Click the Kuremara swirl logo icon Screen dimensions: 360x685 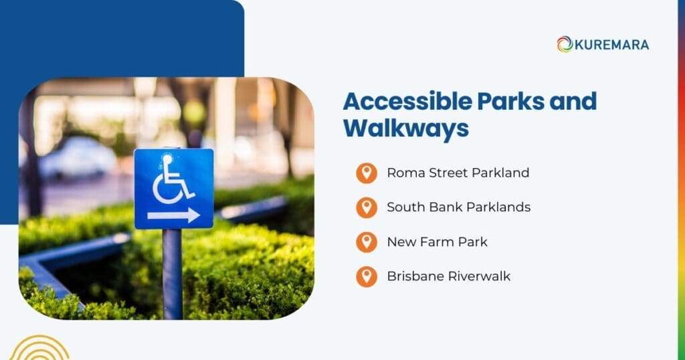[x=565, y=44]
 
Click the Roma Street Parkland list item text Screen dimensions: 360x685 [x=458, y=173]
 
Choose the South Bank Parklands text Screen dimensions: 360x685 [x=458, y=207]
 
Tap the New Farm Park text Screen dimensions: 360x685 [x=437, y=242]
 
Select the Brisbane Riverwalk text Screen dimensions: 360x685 [x=448, y=276]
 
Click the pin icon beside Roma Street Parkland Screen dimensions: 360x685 [x=366, y=173]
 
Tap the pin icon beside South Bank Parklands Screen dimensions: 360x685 [x=366, y=207]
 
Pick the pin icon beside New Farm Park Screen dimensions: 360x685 [x=366, y=242]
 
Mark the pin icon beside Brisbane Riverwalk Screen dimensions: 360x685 [x=366, y=276]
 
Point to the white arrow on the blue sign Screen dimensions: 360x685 [x=173, y=215]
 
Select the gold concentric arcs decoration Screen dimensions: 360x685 [x=39, y=349]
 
